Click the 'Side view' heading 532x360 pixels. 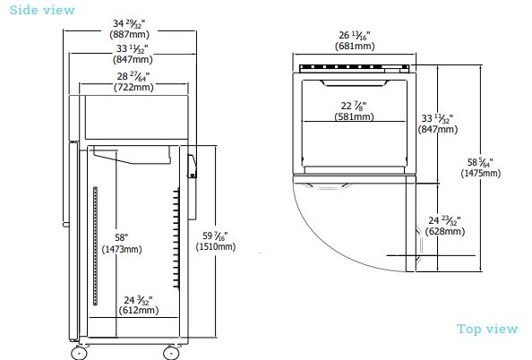click(38, 10)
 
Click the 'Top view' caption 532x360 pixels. click(487, 329)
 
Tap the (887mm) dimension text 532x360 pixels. click(133, 34)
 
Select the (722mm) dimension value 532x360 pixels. click(133, 88)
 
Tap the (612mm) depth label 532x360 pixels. click(138, 311)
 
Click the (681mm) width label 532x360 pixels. click(355, 46)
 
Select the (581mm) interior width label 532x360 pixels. click(354, 117)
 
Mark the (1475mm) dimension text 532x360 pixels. click(483, 173)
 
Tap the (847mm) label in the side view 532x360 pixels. click(133, 60)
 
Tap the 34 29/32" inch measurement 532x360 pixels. click(133, 22)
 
